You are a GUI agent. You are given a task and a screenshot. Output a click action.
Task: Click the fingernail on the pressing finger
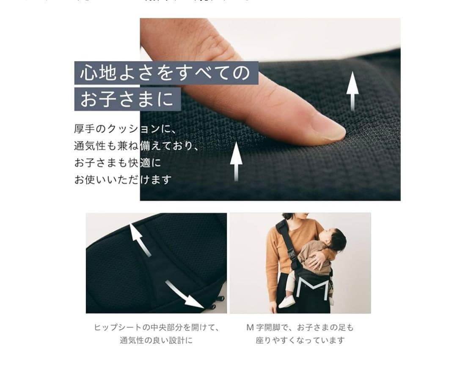click(328, 128)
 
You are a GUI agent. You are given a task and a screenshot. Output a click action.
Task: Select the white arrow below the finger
click(236, 161)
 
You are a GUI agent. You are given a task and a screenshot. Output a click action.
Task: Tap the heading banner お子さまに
click(127, 99)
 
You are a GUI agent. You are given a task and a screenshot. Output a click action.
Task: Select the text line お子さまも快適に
click(118, 163)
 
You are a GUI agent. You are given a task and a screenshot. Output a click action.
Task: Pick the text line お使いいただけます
click(123, 180)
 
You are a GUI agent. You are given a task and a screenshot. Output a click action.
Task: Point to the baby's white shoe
click(287, 301)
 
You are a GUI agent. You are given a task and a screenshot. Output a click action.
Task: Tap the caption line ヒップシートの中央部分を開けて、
click(156, 328)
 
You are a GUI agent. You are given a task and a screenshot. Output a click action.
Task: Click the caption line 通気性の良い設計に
click(156, 340)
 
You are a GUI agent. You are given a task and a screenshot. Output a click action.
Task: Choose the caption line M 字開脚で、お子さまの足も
click(300, 328)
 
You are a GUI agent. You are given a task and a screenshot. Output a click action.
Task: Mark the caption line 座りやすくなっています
click(300, 340)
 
